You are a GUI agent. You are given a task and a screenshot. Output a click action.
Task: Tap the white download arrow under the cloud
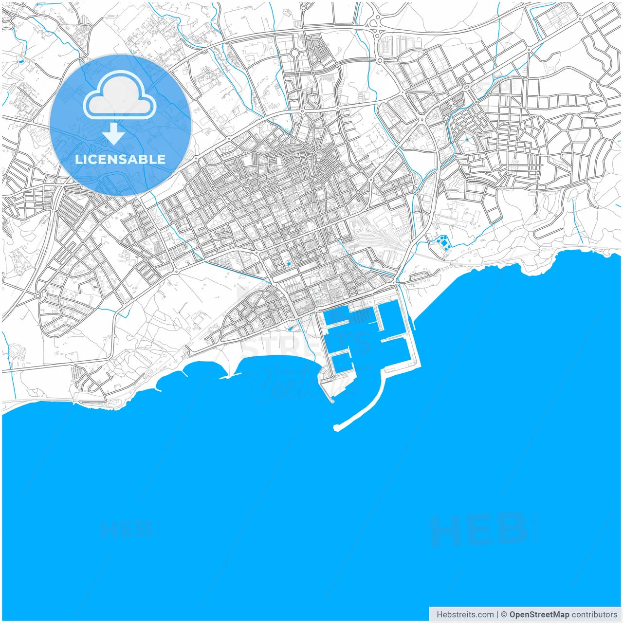114,133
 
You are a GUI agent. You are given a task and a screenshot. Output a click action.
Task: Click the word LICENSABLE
120,159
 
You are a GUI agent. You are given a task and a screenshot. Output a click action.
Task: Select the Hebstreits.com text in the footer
465,614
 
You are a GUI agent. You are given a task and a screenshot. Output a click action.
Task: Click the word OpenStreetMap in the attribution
539,614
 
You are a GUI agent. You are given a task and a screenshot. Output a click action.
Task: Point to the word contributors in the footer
594,614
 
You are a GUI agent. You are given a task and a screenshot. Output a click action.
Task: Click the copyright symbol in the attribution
504,614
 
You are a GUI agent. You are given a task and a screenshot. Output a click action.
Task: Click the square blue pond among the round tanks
443,242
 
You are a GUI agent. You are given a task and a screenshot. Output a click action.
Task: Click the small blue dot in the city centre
289,264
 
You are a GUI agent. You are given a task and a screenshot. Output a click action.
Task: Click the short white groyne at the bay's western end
185,374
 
